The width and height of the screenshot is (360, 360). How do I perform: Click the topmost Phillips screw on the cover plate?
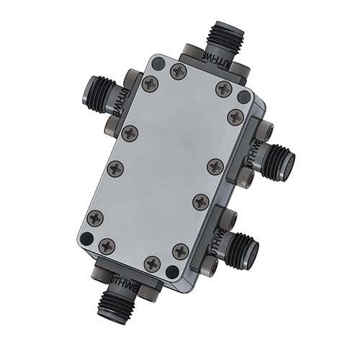coord(179,71)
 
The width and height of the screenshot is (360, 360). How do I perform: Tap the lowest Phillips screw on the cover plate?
coord(152,264)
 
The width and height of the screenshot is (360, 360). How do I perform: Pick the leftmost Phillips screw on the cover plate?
coord(95,218)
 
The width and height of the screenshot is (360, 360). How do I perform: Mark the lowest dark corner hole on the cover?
coord(171,272)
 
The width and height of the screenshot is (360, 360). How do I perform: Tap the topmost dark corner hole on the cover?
coord(158,63)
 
